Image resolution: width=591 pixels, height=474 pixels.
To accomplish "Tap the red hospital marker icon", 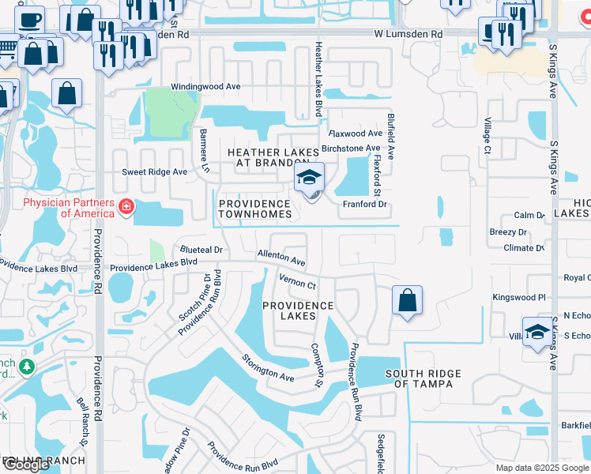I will pos(125,208).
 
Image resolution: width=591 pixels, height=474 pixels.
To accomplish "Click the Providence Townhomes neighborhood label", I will pos(255,209).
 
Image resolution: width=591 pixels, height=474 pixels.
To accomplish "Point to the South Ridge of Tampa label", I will pos(419,378).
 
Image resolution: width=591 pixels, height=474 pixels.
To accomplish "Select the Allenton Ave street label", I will pos(280,257).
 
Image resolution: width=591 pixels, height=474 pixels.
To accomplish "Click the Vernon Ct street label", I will pos(297,280).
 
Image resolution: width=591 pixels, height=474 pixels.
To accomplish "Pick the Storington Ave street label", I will pos(268,368).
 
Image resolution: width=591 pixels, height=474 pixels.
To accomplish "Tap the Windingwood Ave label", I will pos(205,88).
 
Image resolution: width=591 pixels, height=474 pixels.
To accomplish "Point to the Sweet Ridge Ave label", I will pos(154,171).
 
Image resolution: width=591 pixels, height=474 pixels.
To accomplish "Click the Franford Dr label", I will pos(364,204).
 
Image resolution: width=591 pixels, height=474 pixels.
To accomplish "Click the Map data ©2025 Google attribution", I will pos(542,468).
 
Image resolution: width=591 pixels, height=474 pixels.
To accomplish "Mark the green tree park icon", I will pos(26,367).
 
